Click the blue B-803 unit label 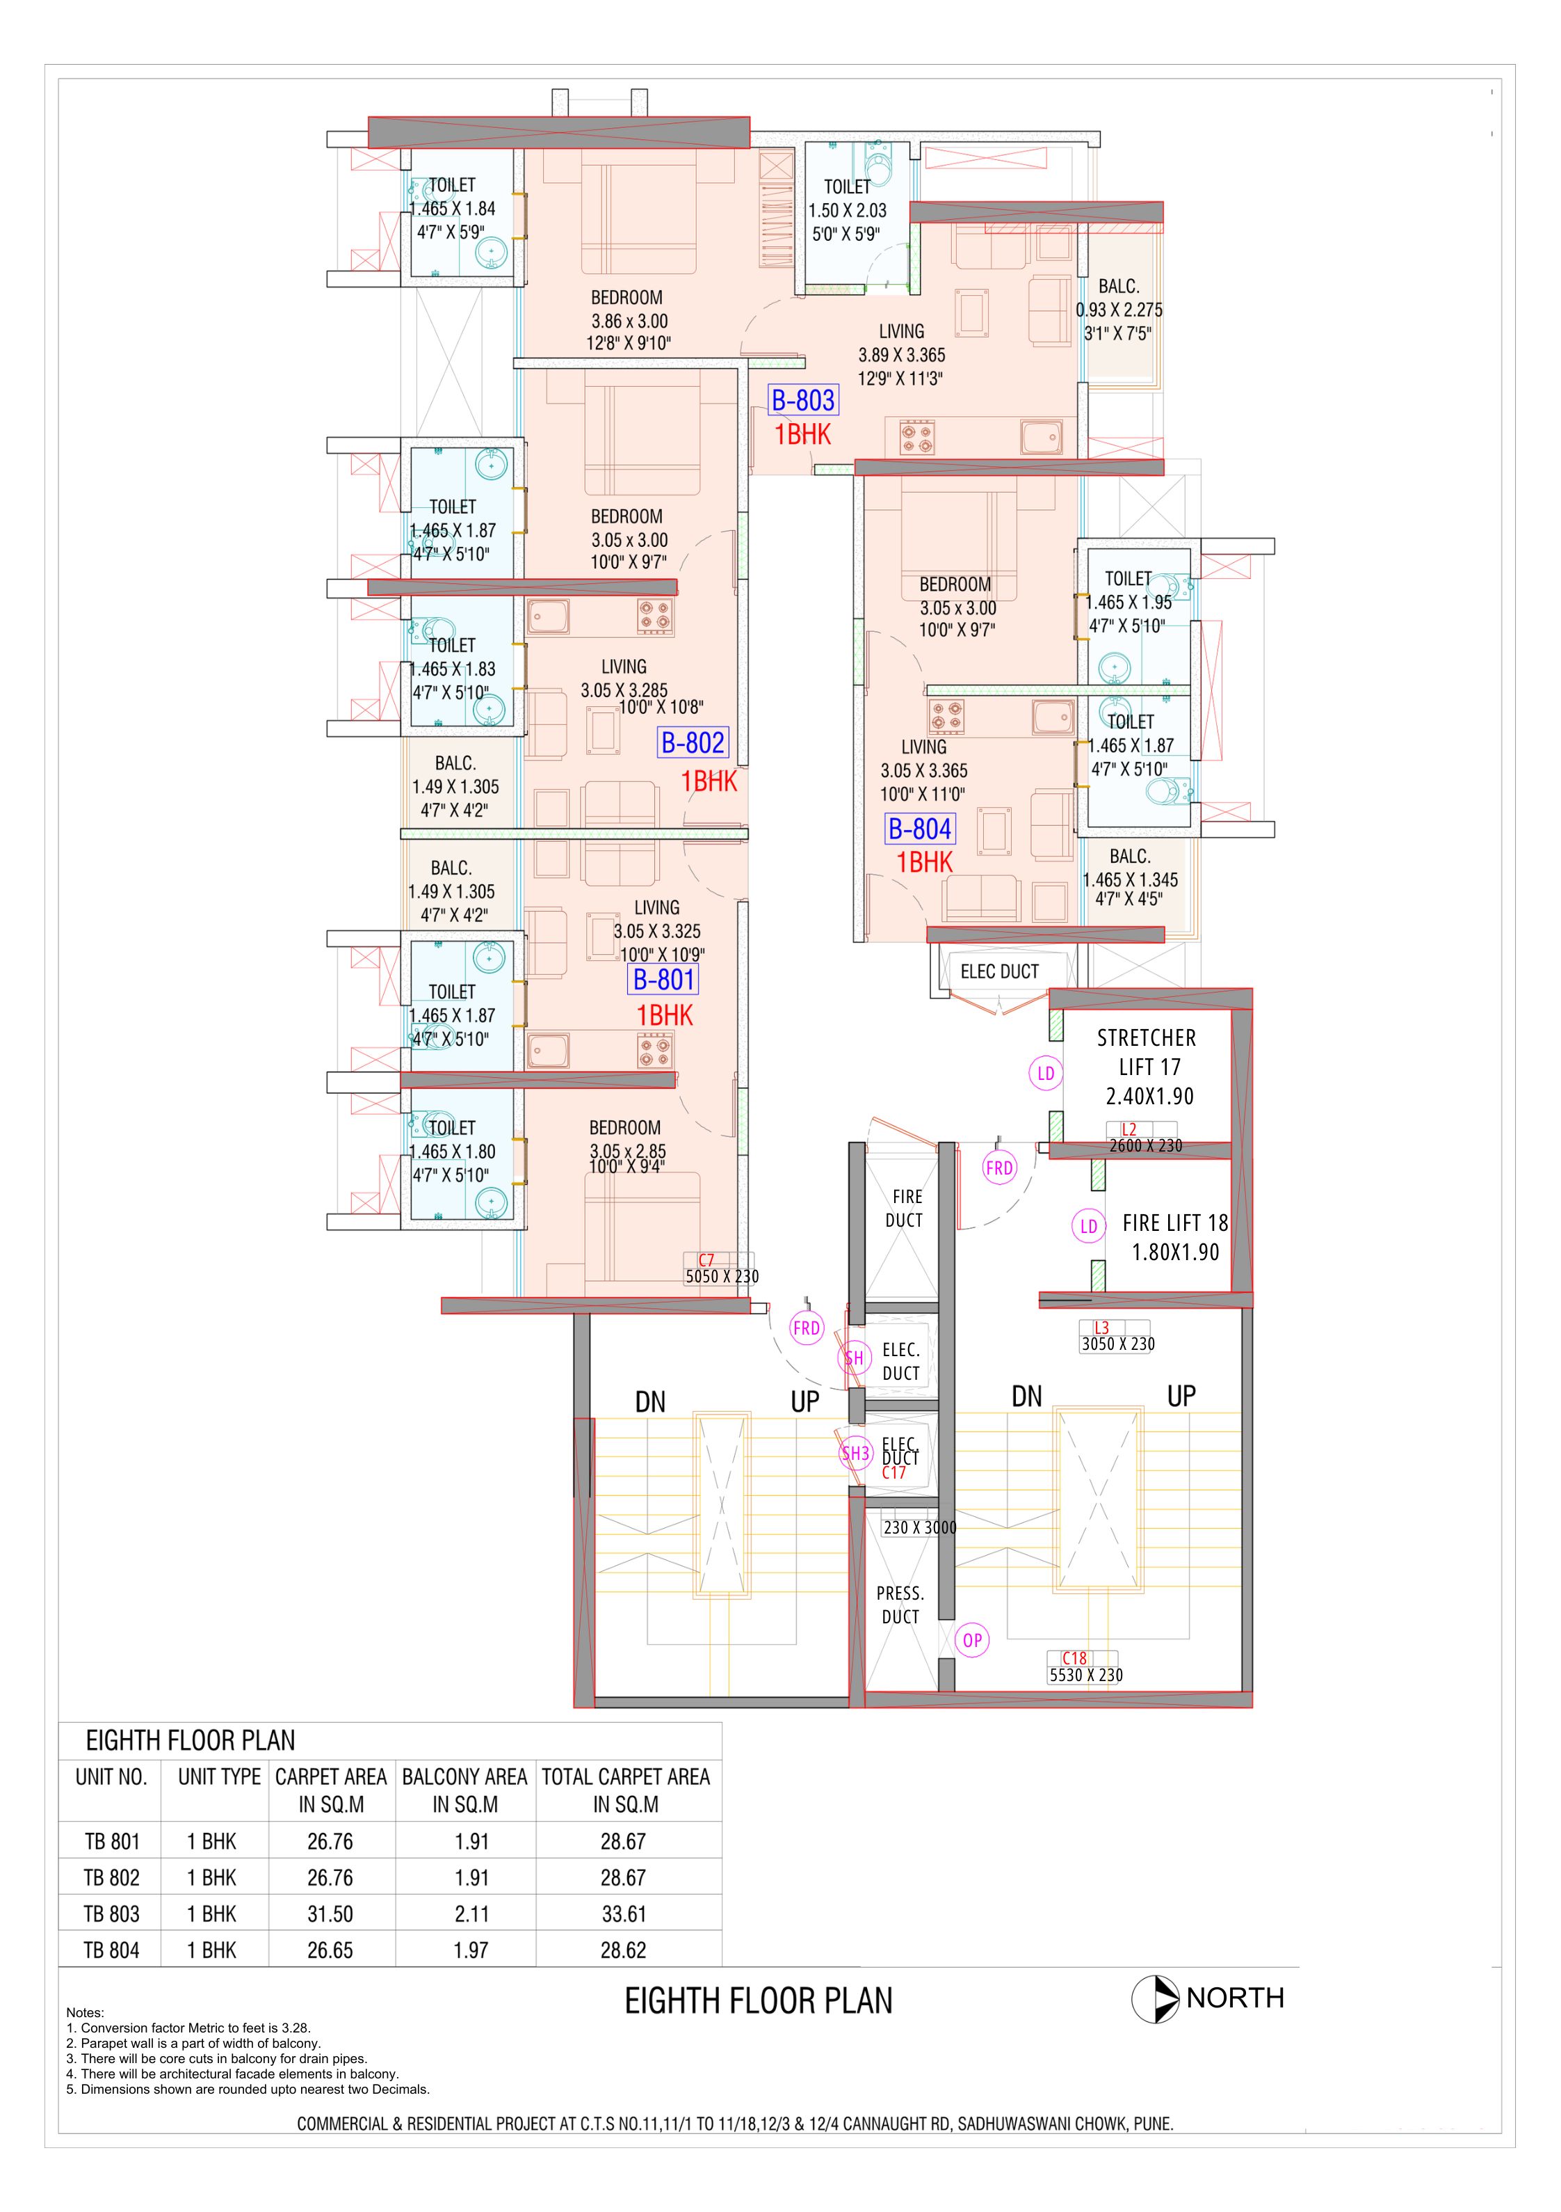click(x=802, y=400)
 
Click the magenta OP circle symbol click(x=973, y=1641)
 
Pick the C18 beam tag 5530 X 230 click(x=1085, y=1668)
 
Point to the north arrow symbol click(x=1155, y=1999)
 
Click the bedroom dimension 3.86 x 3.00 click(x=629, y=321)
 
